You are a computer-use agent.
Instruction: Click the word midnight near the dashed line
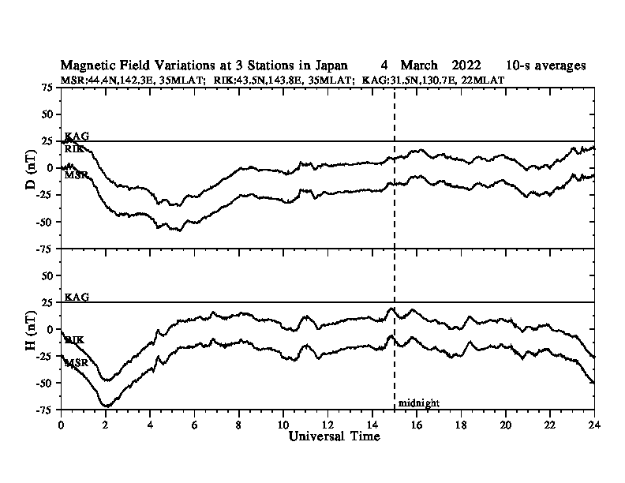(x=418, y=403)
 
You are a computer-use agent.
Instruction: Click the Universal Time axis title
(x=334, y=436)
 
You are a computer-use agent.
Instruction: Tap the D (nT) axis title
(x=32, y=167)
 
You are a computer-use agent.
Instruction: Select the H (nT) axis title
(x=32, y=329)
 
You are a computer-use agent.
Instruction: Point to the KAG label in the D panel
(x=77, y=137)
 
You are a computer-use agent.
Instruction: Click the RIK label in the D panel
(x=75, y=148)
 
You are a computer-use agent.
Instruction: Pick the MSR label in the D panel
(x=76, y=174)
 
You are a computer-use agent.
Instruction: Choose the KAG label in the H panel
(x=77, y=298)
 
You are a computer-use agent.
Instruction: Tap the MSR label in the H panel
(x=76, y=363)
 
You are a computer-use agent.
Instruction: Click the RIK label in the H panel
(x=75, y=340)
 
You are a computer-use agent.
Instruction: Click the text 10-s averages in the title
(x=546, y=66)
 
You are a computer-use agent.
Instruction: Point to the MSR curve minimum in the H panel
(x=106, y=406)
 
